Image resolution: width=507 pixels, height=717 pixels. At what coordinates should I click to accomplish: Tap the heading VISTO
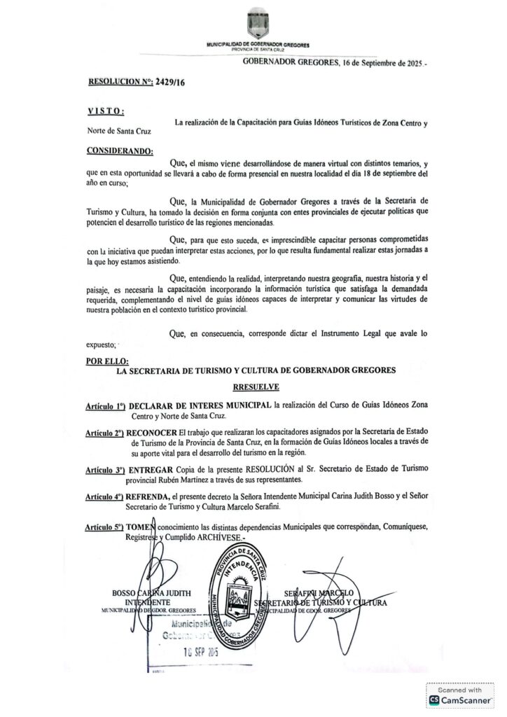pyautogui.click(x=106, y=111)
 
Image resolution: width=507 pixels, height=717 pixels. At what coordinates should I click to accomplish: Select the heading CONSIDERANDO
pyautogui.click(x=121, y=151)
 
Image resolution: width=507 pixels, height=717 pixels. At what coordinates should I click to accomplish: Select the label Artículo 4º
pyautogui.click(x=105, y=496)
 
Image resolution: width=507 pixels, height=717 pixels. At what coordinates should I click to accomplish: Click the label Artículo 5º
pyautogui.click(x=105, y=525)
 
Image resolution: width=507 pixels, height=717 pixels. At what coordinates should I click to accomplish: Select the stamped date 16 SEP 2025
pyautogui.click(x=193, y=650)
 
